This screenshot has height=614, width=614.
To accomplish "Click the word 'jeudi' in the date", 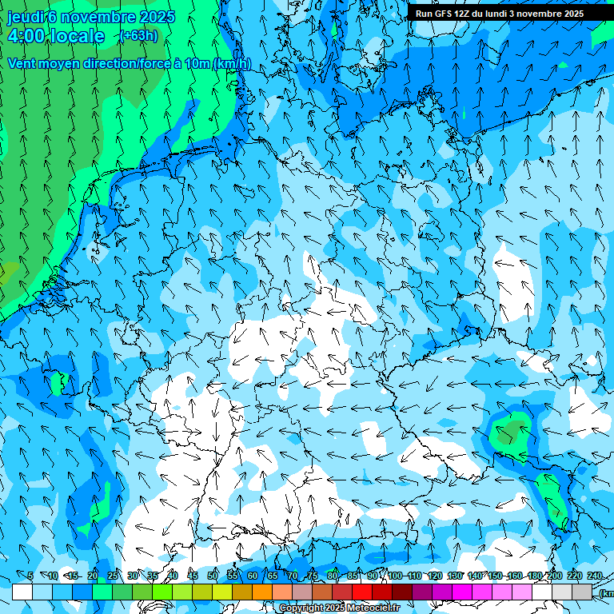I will coord(25,16).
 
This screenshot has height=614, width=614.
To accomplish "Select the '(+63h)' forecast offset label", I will coord(138,36).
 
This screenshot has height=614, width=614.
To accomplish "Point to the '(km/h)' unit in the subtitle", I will coord(232,64).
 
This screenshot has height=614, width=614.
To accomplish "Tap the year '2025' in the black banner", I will coord(568,14).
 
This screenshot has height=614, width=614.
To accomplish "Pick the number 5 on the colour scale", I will coord(30,576).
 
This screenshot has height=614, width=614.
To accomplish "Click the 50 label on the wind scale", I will coord(212,576).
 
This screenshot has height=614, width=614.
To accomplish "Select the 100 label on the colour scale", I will coord(394,576).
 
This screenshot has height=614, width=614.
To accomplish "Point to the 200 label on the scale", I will coord(553,576).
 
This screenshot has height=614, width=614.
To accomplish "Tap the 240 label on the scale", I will coord(594,576).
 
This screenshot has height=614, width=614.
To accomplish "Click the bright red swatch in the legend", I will coord(362,592).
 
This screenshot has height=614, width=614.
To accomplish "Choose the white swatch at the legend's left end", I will coord(22,592).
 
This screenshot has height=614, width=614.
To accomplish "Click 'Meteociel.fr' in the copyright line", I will coord(373,608).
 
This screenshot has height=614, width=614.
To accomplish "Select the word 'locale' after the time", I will coord(78,36).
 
